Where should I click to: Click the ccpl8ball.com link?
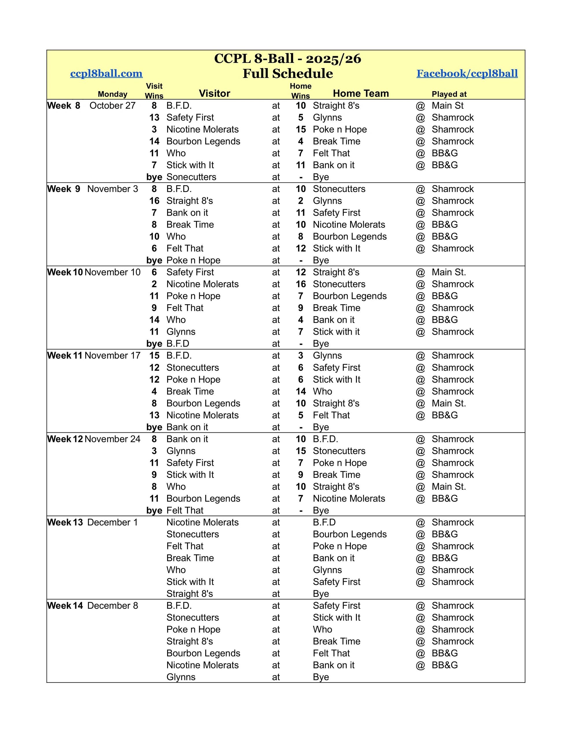point(106,73)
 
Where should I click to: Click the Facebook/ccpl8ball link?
point(467,73)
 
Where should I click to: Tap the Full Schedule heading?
point(287,74)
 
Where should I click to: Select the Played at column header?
point(449,94)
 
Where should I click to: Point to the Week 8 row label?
point(64,106)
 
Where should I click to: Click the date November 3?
point(112,189)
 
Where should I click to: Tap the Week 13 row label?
point(65,522)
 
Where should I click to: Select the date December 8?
point(112,606)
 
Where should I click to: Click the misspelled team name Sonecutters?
point(191,177)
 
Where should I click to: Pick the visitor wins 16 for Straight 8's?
point(154,201)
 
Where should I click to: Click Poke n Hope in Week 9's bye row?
point(193,260)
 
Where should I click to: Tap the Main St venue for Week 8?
point(448,106)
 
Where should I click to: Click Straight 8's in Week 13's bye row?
point(189,594)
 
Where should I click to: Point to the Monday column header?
point(112,94)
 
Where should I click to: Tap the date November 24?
point(112,439)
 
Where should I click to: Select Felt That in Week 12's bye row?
point(185,510)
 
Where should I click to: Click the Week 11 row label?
point(65,355)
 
